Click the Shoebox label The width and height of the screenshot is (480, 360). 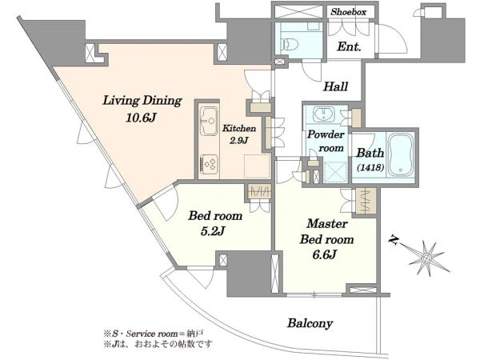tap(349, 12)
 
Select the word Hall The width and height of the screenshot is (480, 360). tap(335, 86)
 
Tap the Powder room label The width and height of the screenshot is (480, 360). tap(326, 142)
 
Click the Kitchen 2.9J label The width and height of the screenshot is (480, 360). tap(238, 134)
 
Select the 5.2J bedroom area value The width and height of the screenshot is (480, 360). tap(209, 233)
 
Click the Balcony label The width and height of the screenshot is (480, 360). tap(310, 323)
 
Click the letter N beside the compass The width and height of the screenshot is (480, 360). tap(394, 239)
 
